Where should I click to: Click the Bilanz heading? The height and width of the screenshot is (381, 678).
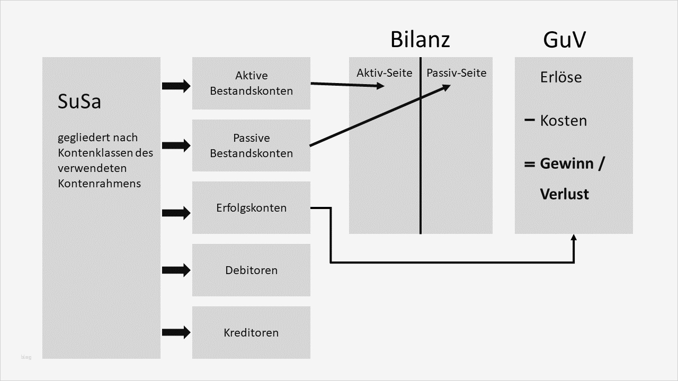(x=420, y=40)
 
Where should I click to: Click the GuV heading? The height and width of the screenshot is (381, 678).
(x=564, y=40)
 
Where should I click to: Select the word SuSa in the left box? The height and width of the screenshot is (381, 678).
(x=79, y=102)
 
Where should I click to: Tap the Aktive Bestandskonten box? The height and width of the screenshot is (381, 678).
(x=251, y=83)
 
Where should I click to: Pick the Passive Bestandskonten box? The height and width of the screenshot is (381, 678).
(x=251, y=146)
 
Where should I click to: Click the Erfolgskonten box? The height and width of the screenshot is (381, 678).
(x=251, y=207)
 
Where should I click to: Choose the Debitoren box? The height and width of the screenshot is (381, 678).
(x=251, y=270)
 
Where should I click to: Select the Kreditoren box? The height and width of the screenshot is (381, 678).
(x=251, y=332)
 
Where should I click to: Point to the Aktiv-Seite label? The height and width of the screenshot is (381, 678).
(x=384, y=73)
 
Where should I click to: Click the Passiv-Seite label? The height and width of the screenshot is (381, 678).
(x=456, y=73)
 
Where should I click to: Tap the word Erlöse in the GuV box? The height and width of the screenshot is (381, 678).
(x=561, y=77)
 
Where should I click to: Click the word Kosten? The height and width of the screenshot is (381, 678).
(x=564, y=121)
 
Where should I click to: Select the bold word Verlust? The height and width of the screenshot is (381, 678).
(x=565, y=194)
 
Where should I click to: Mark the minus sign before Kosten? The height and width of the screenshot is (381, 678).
(x=529, y=120)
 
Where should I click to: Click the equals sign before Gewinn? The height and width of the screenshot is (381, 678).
(x=529, y=165)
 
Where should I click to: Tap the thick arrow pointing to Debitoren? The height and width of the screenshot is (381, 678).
(x=176, y=270)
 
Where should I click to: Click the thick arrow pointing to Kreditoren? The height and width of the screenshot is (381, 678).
(x=176, y=332)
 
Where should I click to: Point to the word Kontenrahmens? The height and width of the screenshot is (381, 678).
(x=99, y=183)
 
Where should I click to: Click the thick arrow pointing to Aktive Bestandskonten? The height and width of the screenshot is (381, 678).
(x=176, y=86)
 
